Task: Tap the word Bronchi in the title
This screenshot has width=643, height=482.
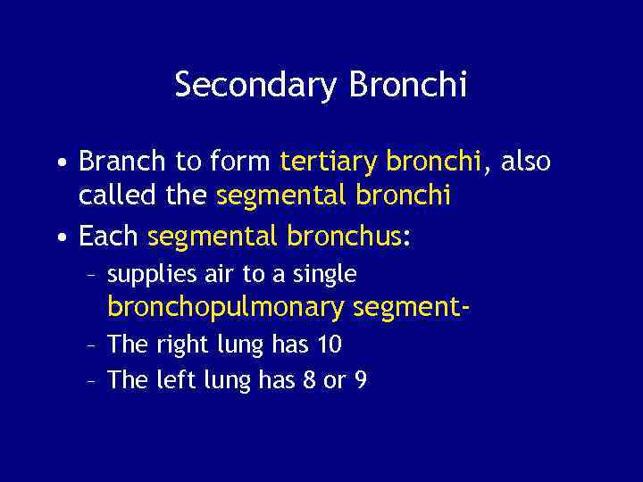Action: click(408, 86)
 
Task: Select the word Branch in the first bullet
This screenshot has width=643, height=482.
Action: click(122, 162)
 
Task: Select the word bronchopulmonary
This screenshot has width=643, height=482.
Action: click(226, 308)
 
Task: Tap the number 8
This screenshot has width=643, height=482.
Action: click(308, 380)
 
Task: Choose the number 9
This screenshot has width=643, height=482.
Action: click(360, 380)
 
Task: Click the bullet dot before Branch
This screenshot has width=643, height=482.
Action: click(58, 163)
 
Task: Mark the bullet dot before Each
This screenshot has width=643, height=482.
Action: click(58, 238)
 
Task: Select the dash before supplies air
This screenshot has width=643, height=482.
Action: click(91, 275)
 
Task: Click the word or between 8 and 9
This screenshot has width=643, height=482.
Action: click(334, 381)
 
